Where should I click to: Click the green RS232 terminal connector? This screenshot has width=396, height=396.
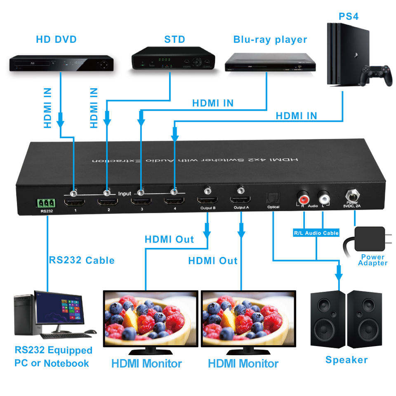pos(46,203)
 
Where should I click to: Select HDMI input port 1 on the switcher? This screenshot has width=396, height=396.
pos(75,202)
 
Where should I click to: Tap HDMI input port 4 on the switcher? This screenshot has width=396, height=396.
pos(174,202)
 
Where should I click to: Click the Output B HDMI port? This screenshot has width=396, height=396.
pos(207,201)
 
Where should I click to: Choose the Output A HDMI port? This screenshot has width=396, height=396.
pos(240,201)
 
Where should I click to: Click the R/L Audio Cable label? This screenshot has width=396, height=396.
pos(316,233)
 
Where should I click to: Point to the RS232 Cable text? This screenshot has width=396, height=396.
pos(82,260)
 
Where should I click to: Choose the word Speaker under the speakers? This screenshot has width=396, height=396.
pos(346,360)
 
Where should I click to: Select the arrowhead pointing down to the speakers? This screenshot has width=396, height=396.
pos(339,273)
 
